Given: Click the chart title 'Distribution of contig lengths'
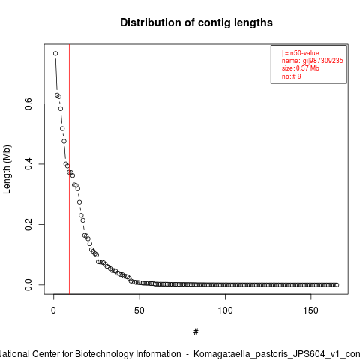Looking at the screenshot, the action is [196, 22].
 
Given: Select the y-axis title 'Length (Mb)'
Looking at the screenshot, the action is [7, 169].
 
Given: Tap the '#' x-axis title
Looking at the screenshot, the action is [196, 331].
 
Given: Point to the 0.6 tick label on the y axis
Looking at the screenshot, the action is [28, 103].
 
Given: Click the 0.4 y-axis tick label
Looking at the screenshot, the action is [28, 164].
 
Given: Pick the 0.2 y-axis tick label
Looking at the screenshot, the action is [28, 224].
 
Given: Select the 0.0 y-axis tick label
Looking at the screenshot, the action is [28, 285].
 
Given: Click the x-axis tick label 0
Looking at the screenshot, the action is [53, 310].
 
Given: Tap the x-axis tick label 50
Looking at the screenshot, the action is [139, 310].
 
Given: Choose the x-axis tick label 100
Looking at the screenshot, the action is [225, 310].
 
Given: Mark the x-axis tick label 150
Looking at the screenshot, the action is [310, 310].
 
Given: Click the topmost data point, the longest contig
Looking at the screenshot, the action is [55, 53].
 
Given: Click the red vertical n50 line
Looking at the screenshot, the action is [69, 169].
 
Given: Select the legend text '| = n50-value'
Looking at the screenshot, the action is [300, 53].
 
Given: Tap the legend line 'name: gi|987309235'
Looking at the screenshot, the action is [313, 61].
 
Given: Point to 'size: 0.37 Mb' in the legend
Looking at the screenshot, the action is [301, 68].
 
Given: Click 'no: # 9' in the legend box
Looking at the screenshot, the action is [292, 76].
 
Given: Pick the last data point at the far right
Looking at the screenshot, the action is [337, 285].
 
